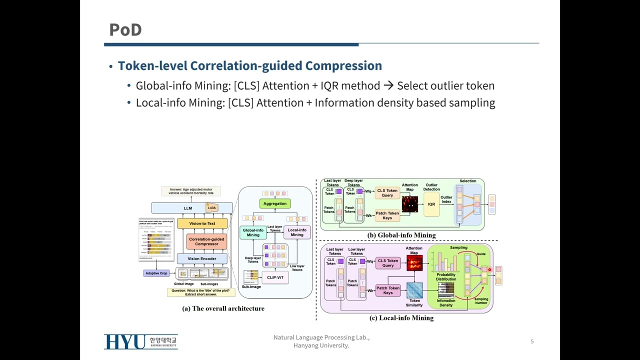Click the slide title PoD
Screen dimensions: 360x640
coord(125,30)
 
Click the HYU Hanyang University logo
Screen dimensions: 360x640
coord(141,341)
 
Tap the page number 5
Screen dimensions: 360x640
coord(532,341)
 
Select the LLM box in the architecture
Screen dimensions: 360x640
coord(187,208)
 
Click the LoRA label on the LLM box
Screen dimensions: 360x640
coord(212,207)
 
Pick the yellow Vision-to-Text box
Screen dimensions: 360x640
coord(202,223)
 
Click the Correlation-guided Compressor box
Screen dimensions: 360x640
coord(206,241)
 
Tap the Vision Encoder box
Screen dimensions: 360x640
coord(201,258)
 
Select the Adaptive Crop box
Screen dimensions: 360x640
coord(156,273)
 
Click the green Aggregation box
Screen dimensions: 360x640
coord(275,203)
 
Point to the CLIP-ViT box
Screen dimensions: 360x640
coord(275,277)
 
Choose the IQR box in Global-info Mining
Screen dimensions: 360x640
coord(431,204)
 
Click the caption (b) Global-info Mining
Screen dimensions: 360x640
coord(401,235)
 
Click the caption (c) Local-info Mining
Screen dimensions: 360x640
coord(401,317)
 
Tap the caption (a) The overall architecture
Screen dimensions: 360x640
coord(223,308)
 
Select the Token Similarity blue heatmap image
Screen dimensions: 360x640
coord(414,290)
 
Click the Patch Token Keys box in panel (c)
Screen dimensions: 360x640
coord(388,290)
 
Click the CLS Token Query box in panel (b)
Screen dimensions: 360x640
coord(387,193)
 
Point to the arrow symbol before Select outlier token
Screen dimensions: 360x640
coord(388,86)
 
